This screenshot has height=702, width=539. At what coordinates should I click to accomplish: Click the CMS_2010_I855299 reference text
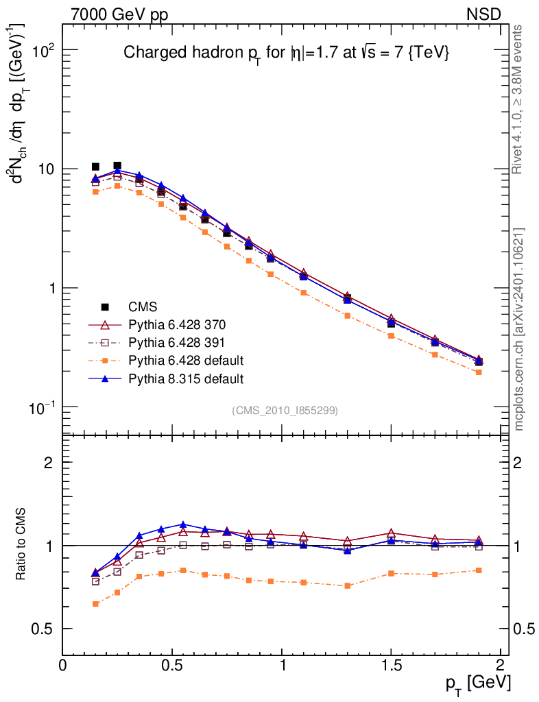tap(285, 410)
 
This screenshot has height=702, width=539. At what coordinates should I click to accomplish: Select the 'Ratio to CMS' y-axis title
tap(21, 545)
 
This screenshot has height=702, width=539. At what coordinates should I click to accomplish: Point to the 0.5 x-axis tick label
tap(171, 665)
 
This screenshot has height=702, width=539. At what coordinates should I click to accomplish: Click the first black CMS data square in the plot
tap(95, 167)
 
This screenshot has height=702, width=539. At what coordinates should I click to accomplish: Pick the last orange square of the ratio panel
tap(479, 570)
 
